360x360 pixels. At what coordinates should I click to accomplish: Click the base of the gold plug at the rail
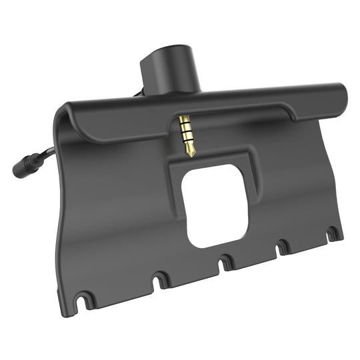click(183, 120)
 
